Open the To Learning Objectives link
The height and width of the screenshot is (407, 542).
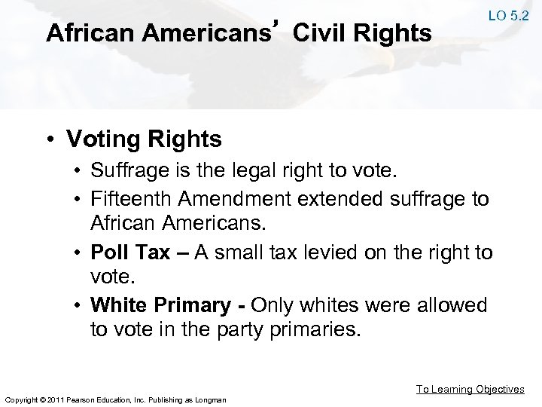(x=471, y=389)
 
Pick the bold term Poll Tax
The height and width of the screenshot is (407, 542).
(x=130, y=252)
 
